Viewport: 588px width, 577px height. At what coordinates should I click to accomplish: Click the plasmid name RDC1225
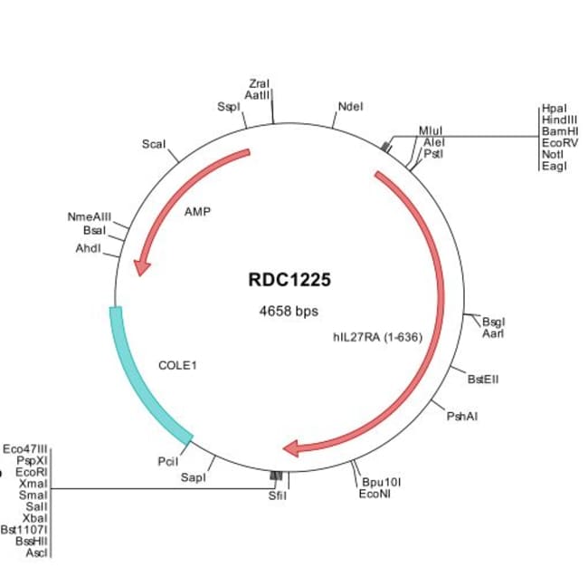[289, 280]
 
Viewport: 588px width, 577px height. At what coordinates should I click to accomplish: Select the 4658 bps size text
[289, 312]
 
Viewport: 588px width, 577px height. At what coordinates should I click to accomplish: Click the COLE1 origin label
[177, 366]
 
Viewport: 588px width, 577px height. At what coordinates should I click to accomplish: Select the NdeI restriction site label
[350, 106]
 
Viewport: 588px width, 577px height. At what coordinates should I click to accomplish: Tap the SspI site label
[228, 106]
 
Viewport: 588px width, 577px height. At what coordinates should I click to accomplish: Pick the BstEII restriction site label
[481, 379]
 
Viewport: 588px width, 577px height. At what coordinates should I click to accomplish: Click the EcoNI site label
[375, 494]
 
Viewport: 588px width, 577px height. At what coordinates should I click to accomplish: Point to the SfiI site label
[277, 496]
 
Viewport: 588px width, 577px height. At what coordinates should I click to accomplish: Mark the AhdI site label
[88, 247]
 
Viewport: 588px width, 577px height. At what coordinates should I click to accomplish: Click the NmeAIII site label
[90, 217]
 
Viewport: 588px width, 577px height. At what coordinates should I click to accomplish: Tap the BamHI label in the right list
[560, 130]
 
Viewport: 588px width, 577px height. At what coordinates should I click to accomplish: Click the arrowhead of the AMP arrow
[140, 268]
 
